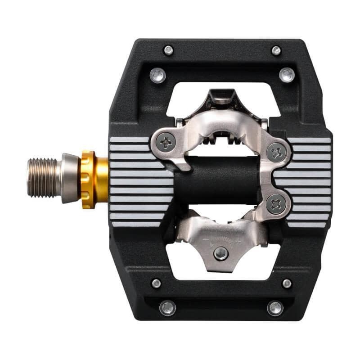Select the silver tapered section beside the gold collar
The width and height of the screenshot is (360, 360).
(x=70, y=178)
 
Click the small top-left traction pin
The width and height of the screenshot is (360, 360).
(x=169, y=50)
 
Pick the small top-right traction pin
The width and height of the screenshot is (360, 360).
(x=276, y=50)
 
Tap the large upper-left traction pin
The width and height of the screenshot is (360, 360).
(x=158, y=74)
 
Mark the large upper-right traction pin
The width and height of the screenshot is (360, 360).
(x=287, y=74)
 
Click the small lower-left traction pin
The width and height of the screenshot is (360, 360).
(x=156, y=283)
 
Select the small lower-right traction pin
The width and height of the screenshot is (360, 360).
(x=287, y=283)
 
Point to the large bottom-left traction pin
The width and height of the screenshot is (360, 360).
(x=167, y=308)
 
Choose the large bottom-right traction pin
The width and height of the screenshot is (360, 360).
(x=275, y=308)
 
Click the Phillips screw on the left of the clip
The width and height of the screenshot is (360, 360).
(x=166, y=143)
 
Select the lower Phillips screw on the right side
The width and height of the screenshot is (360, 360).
(x=275, y=204)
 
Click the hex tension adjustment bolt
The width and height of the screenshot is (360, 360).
(x=220, y=253)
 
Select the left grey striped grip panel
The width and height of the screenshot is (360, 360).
(x=135, y=180)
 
